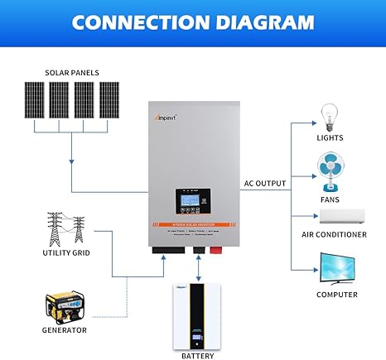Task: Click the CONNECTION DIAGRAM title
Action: tap(193, 22)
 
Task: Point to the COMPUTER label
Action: tap(336, 295)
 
